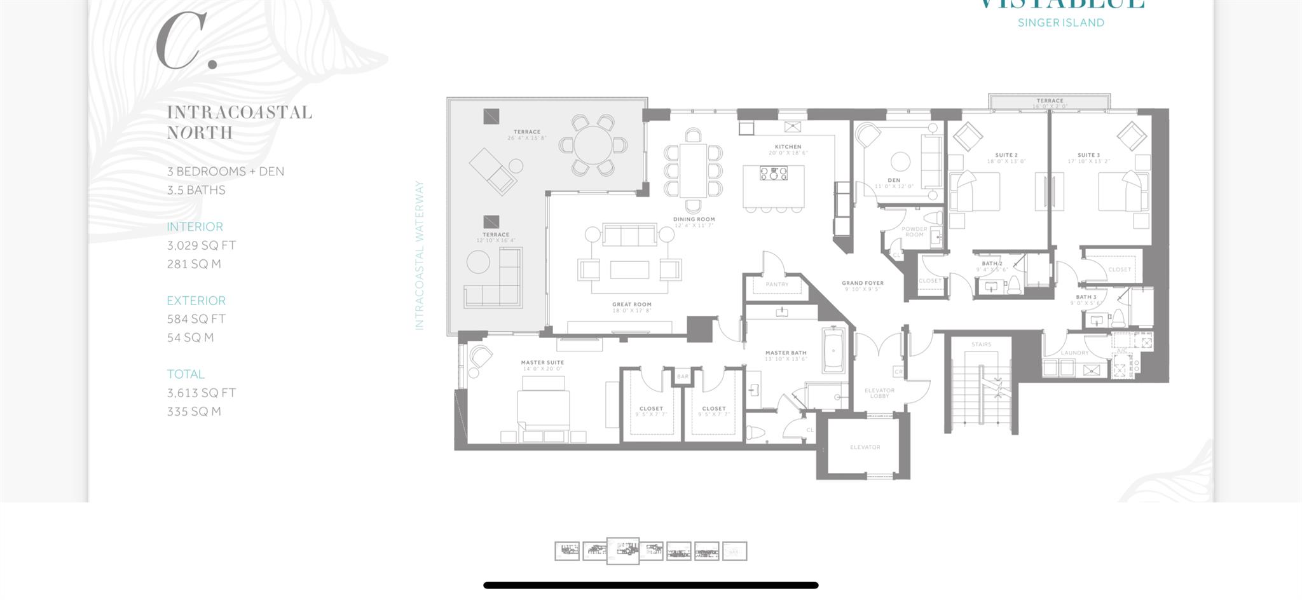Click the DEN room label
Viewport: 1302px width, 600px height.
pos(894,180)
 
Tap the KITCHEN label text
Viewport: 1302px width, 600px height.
pos(788,147)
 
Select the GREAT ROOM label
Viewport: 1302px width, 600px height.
pos(631,304)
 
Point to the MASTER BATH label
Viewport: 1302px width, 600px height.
pos(786,353)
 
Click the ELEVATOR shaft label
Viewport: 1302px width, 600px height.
pos(865,447)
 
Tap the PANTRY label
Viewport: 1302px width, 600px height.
pos(777,285)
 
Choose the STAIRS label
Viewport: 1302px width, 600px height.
pos(981,344)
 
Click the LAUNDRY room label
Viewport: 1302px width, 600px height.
pos(1074,353)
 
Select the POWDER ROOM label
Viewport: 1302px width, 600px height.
pos(914,232)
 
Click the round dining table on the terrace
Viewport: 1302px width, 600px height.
pos(593,145)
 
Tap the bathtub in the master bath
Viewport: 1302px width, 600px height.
pos(833,350)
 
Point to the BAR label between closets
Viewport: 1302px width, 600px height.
pos(683,377)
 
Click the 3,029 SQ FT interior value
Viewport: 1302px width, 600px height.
pos(202,245)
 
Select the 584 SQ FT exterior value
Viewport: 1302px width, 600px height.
pos(196,319)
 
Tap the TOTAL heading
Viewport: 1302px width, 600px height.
pos(186,374)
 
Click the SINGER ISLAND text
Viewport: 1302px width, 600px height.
pos(1060,23)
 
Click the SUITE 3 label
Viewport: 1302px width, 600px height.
pos(1088,155)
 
